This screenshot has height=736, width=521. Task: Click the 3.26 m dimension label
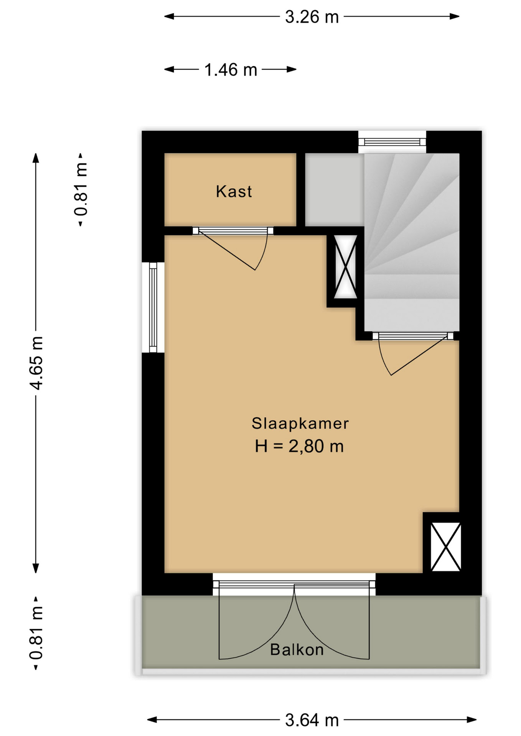(x=312, y=17)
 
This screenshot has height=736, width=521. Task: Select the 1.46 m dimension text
(x=230, y=70)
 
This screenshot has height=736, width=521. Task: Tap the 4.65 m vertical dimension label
(x=36, y=363)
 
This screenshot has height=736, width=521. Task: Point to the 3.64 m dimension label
(x=312, y=720)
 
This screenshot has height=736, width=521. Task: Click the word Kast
(x=234, y=191)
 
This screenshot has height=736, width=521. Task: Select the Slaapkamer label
(x=300, y=423)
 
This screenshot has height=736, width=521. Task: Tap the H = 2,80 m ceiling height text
(x=299, y=446)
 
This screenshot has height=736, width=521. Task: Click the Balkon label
(x=297, y=650)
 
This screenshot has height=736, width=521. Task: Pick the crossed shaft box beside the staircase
(x=346, y=267)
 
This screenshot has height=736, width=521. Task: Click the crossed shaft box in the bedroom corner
(x=445, y=547)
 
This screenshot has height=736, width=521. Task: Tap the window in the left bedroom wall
(x=153, y=307)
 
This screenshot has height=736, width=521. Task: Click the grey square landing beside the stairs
(x=334, y=189)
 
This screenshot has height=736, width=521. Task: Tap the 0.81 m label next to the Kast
(x=81, y=190)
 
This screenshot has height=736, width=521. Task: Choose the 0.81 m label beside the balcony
(x=36, y=633)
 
